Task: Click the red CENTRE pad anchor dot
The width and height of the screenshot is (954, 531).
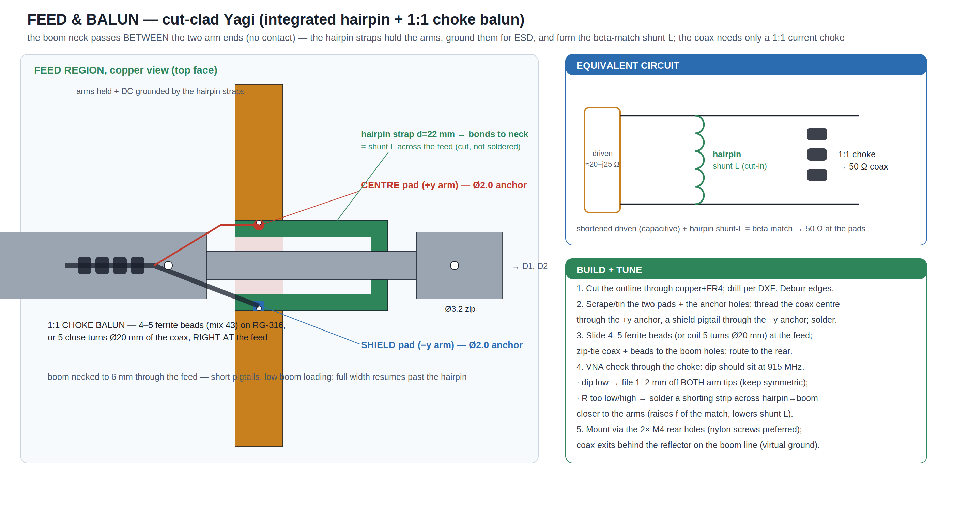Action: coord(259,225)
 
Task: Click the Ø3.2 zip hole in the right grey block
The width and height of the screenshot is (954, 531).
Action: coord(455,266)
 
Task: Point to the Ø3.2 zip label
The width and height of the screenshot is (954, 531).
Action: coord(460,309)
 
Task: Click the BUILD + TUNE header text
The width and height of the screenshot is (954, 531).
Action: coord(609,270)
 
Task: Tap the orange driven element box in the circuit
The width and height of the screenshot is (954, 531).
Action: coord(602,160)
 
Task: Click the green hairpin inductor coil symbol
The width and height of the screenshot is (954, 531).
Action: coord(699,160)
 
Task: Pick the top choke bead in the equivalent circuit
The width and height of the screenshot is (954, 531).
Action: coord(817,134)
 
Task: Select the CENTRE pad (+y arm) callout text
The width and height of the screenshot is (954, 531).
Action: coord(444,185)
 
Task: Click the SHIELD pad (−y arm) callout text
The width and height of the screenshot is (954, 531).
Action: coord(442,345)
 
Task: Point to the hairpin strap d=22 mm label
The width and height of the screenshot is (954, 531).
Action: coord(408,134)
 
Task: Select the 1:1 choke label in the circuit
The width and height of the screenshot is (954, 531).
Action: coord(857,154)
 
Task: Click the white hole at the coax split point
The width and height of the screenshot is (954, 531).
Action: coord(168,266)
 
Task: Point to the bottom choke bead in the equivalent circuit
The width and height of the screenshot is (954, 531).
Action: coord(817,175)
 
